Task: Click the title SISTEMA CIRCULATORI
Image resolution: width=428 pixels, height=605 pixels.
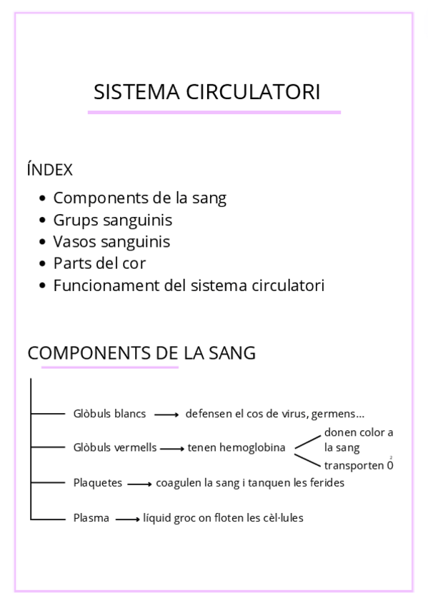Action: (207, 92)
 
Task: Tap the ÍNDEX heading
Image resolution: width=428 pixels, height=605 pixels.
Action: (49, 170)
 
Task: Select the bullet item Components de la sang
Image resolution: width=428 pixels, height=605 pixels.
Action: (139, 198)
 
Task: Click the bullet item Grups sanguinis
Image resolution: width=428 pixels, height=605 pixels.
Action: (112, 220)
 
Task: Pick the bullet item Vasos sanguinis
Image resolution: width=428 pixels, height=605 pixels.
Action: (111, 242)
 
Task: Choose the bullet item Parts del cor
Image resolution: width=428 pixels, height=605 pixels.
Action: (99, 263)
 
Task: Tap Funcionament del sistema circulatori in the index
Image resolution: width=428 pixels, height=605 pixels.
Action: (189, 285)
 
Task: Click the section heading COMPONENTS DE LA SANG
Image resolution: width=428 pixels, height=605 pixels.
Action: (141, 353)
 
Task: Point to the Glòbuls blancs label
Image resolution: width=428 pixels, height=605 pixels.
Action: (109, 414)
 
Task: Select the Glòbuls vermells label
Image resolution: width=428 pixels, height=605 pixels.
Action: (114, 448)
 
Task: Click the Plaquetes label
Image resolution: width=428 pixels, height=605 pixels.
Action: (98, 483)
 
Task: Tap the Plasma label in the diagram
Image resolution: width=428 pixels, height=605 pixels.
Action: (91, 518)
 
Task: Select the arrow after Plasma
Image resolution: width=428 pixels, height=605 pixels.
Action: (127, 519)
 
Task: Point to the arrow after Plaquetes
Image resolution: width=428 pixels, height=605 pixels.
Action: (139, 484)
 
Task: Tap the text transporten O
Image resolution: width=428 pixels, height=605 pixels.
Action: (357, 466)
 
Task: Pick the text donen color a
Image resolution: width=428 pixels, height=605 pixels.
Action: (358, 432)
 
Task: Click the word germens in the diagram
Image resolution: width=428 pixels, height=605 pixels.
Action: (337, 414)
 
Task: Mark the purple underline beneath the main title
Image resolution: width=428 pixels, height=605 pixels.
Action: (214, 112)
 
